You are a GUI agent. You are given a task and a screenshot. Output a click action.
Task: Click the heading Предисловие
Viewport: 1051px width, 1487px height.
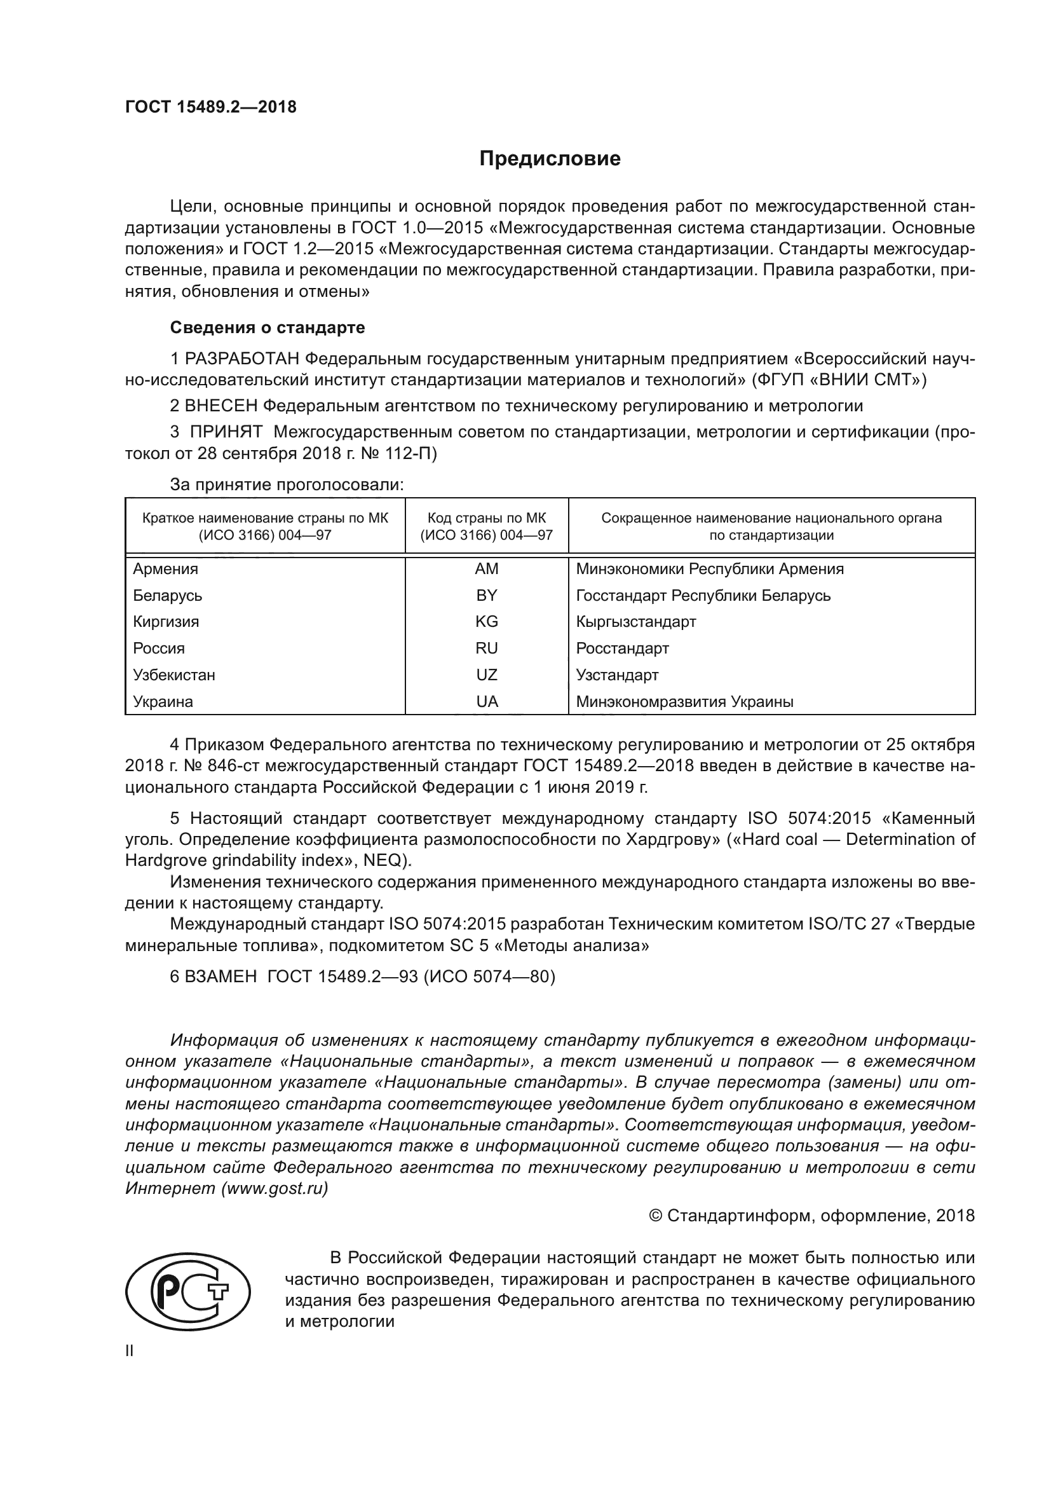[x=550, y=159]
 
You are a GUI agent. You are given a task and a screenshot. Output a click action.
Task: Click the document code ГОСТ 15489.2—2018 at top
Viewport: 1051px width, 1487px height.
[x=210, y=107]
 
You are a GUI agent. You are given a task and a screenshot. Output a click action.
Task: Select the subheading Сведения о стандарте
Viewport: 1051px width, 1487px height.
[x=268, y=327]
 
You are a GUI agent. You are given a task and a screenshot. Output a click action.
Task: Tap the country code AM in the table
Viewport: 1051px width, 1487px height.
[x=487, y=569]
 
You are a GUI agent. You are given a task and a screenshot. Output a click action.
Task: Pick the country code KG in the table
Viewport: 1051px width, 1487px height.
[x=487, y=622]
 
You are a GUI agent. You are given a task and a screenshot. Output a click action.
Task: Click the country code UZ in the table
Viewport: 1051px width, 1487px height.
[x=487, y=676]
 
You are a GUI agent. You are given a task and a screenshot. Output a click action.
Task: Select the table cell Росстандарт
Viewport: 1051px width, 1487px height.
[x=623, y=649]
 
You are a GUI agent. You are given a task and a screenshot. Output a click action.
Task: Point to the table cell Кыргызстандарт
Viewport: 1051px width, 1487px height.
[x=636, y=622]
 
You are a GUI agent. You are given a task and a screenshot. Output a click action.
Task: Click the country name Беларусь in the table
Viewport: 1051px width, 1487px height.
[x=168, y=596]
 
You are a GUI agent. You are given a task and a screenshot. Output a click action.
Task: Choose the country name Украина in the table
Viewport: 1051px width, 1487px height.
[x=163, y=702]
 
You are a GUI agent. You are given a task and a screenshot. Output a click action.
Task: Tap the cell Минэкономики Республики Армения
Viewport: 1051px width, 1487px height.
[x=710, y=569]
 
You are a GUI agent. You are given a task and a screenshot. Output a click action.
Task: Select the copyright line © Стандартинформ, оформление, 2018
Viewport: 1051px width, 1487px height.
[x=811, y=1215]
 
